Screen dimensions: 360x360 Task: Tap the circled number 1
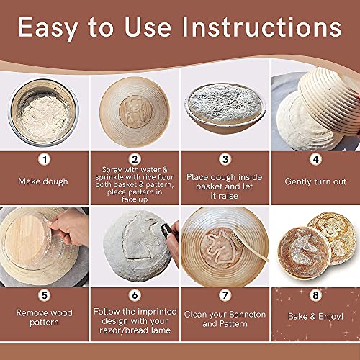pos(45,158)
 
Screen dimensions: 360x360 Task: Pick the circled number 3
pos(225,158)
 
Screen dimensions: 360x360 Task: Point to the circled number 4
pos(315,158)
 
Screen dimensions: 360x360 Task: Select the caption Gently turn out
pos(315,181)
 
